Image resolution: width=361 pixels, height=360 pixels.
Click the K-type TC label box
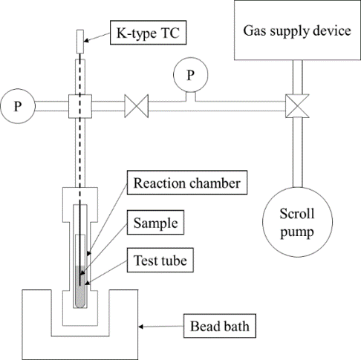point(148,33)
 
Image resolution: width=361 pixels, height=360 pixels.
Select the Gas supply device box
point(297,30)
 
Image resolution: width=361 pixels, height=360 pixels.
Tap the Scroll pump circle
point(297,222)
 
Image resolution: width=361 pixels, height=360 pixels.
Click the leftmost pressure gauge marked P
point(18,106)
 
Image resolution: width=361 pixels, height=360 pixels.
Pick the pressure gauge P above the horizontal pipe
point(190,75)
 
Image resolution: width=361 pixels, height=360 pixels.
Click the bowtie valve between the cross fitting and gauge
point(137,106)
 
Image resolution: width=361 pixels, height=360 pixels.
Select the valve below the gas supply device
point(297,106)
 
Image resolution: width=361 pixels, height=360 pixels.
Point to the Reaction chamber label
point(187,183)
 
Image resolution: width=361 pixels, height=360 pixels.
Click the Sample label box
point(155,223)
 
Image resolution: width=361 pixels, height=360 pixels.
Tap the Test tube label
point(160,260)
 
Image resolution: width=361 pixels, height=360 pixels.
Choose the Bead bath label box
point(220,326)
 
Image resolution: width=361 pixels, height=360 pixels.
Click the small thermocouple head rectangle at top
point(80,42)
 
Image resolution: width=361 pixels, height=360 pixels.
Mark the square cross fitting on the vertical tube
point(80,106)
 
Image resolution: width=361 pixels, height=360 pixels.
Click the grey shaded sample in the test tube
point(80,287)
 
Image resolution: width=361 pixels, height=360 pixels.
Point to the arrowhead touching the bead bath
point(141,327)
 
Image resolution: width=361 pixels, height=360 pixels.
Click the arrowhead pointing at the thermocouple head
point(86,41)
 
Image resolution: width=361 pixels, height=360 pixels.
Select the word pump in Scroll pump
point(297,232)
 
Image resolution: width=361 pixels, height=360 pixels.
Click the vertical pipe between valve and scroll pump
point(297,152)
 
